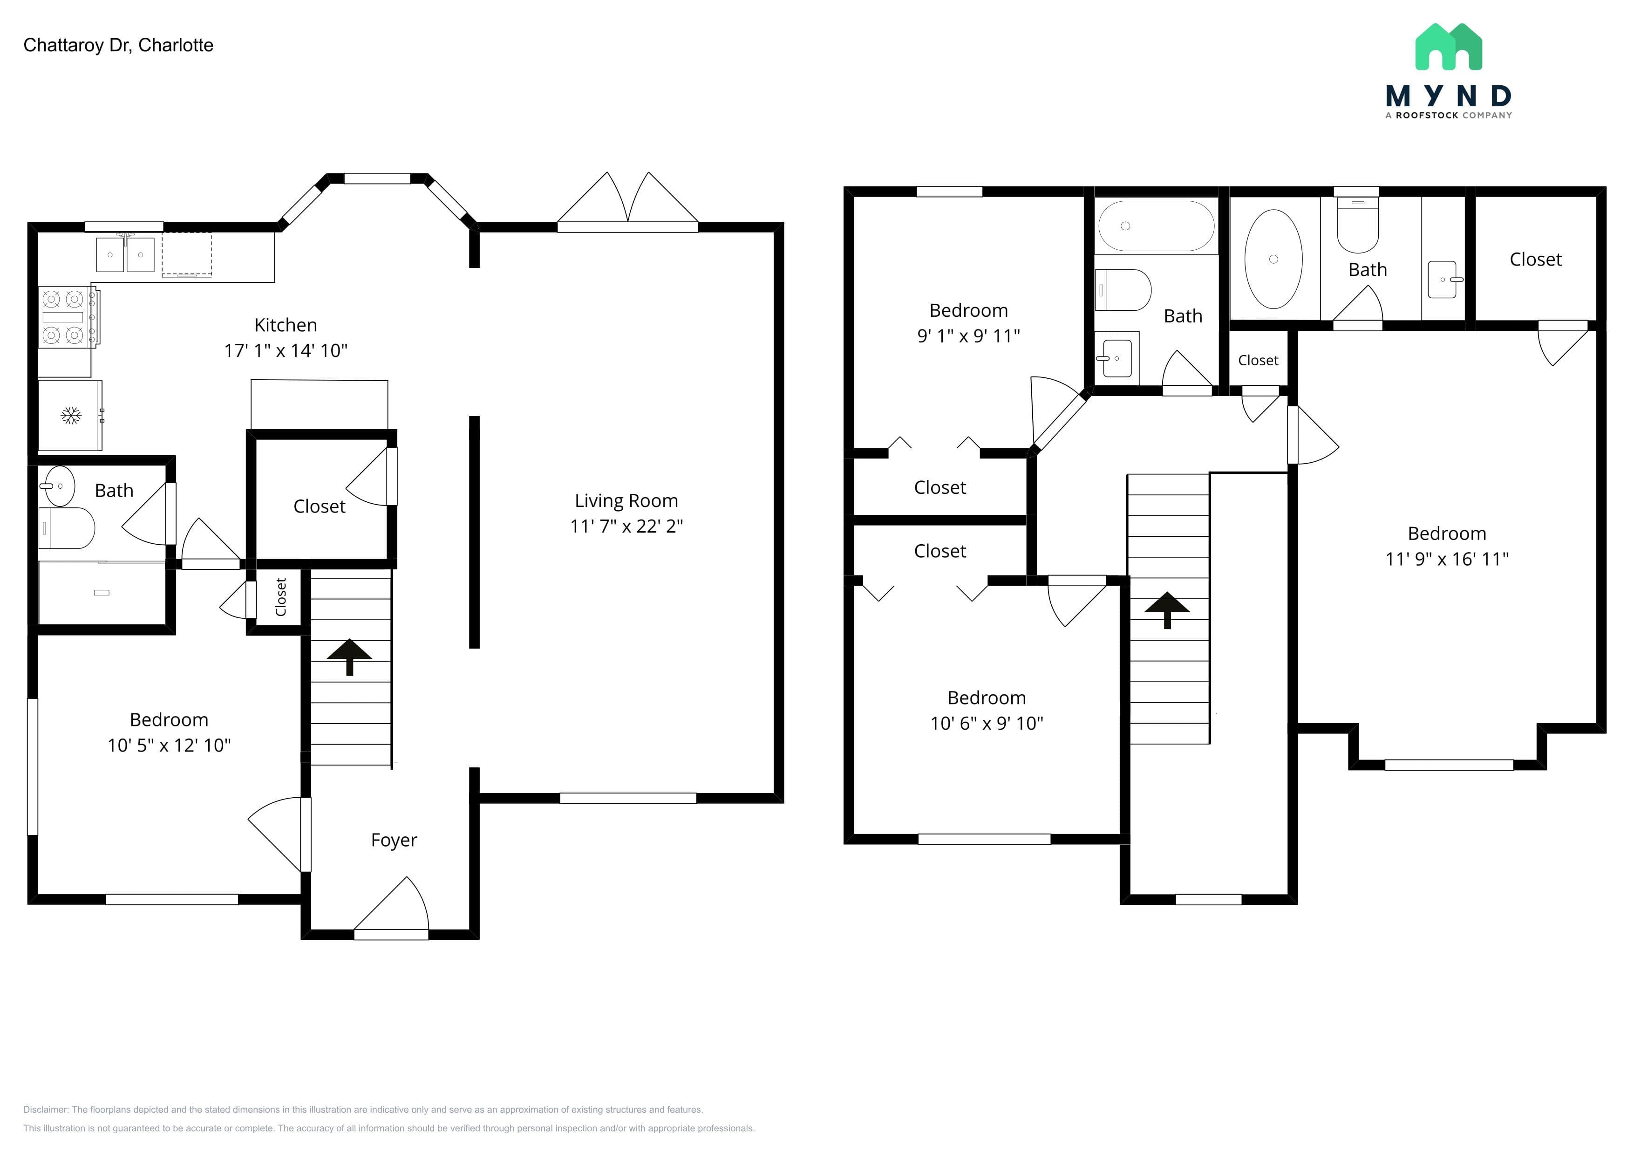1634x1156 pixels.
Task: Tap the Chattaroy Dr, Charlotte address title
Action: [118, 45]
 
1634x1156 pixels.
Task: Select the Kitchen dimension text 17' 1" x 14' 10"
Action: [286, 350]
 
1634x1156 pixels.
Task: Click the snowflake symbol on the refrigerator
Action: [70, 416]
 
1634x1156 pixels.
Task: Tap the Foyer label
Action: [394, 840]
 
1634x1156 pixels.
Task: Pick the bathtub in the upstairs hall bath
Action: [1157, 226]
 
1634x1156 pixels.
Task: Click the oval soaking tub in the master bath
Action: [1273, 259]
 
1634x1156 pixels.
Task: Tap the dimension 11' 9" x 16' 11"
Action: [1447, 559]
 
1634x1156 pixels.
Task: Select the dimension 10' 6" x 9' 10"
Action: [987, 723]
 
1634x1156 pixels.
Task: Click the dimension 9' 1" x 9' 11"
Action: [968, 336]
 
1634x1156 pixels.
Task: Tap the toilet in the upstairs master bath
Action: [1358, 224]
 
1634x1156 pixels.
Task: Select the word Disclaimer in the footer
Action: [46, 1110]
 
